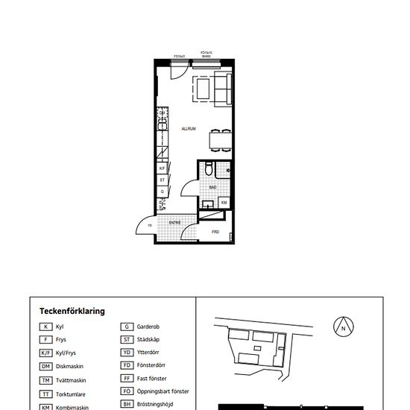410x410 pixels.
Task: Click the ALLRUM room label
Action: pyautogui.click(x=189, y=129)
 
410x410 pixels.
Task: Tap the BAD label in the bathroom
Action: pyautogui.click(x=212, y=188)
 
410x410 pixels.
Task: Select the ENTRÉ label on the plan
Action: pyautogui.click(x=174, y=222)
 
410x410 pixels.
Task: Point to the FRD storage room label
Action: pyautogui.click(x=215, y=232)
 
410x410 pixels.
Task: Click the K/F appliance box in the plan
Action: pyautogui.click(x=162, y=168)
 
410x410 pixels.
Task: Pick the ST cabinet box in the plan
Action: pyautogui.click(x=162, y=180)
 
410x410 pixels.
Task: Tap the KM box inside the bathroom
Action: pyautogui.click(x=224, y=202)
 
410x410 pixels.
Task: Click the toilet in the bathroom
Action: pyautogui.click(x=209, y=169)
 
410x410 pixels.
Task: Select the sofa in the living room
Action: pyautogui.click(x=223, y=89)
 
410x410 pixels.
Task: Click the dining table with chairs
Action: pyautogui.click(x=218, y=139)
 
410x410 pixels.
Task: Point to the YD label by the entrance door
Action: pyautogui.click(x=150, y=225)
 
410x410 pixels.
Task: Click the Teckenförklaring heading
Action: pyautogui.click(x=72, y=311)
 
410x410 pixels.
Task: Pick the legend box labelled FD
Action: pyautogui.click(x=127, y=365)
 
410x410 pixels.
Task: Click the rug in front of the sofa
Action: pyautogui.click(x=202, y=89)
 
